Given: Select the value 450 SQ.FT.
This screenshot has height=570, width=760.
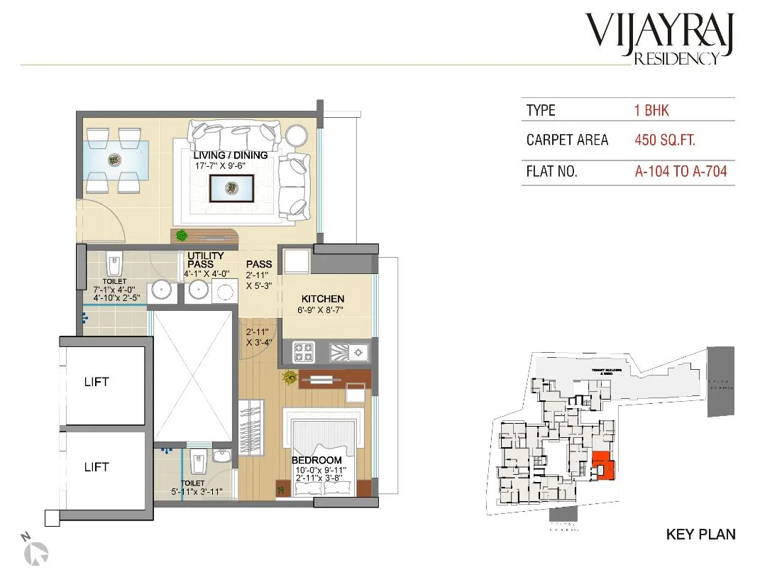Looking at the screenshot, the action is (665, 140).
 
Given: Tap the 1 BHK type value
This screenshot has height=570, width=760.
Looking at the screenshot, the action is (651, 111).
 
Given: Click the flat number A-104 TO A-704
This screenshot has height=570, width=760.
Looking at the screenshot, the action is (681, 171).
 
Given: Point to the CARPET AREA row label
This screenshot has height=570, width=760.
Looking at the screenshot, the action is (567, 140).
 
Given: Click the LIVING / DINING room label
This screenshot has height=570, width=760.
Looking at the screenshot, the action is (231, 155).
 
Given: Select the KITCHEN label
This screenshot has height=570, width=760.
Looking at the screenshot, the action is (322, 299).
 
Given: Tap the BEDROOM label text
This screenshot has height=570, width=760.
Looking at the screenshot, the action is (316, 461).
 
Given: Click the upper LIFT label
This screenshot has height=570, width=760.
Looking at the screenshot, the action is (97, 382).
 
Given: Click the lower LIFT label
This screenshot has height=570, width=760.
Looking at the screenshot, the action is (97, 467).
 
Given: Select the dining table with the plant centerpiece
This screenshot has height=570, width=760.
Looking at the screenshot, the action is (114, 160).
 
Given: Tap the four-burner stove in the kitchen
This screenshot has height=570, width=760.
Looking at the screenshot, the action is (305, 351).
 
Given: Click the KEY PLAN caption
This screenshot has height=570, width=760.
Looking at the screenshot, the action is (700, 535).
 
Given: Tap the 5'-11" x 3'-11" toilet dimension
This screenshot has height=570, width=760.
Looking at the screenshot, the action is (197, 491).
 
